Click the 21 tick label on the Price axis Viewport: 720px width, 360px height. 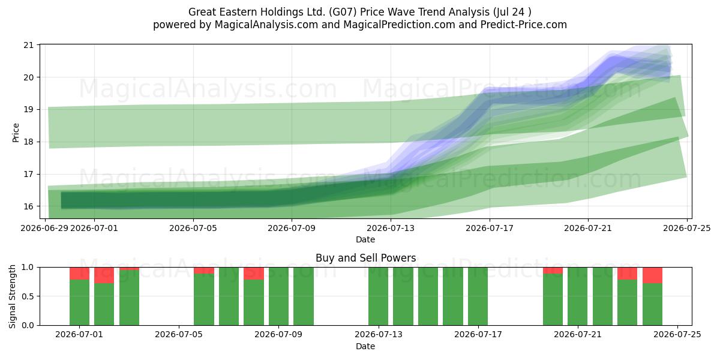(x=29, y=44)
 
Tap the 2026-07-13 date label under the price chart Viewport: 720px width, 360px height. (x=391, y=228)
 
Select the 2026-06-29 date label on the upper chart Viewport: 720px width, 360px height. (x=44, y=228)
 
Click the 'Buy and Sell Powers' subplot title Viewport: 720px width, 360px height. (x=366, y=258)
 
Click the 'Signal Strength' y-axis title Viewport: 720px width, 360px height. (x=12, y=296)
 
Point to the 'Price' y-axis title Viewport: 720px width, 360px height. (x=16, y=133)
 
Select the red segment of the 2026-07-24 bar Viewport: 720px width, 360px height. (x=653, y=275)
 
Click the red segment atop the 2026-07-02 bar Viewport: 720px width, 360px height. (x=104, y=275)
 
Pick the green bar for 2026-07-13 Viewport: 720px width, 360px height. (x=379, y=296)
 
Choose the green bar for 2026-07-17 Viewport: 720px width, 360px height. (x=478, y=296)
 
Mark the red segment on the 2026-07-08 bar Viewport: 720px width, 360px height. (x=254, y=274)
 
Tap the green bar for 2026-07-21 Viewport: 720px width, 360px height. (x=578, y=296)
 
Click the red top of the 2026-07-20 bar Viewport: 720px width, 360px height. (x=553, y=271)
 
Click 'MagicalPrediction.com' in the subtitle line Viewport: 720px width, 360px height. (x=399, y=25)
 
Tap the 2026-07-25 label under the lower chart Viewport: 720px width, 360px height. (x=677, y=335)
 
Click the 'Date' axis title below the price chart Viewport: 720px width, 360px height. (x=365, y=239)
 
